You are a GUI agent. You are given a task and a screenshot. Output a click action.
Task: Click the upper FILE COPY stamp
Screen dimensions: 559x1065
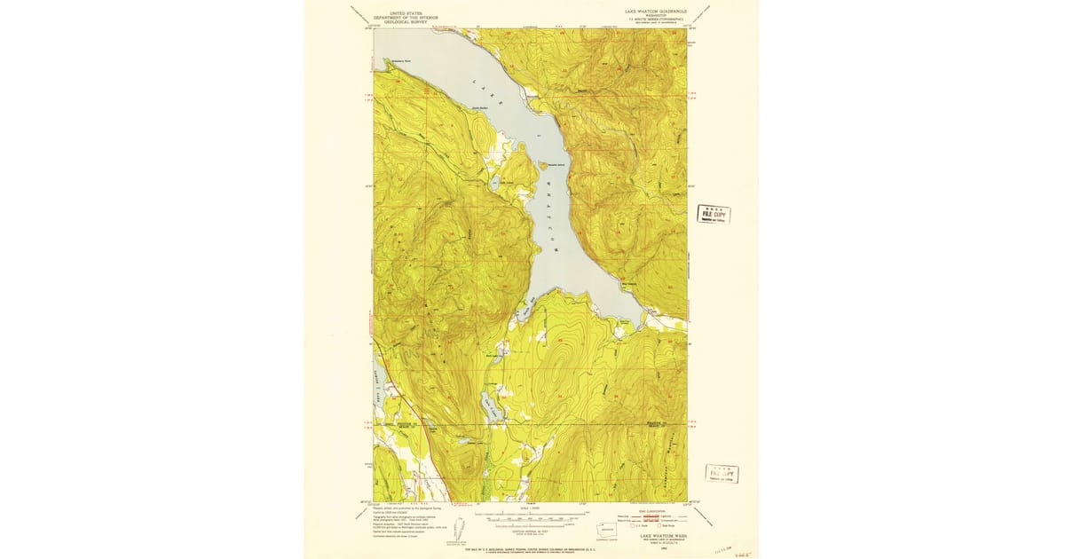point(714,214)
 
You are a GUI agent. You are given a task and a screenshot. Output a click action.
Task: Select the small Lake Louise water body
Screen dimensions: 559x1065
point(495,184)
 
